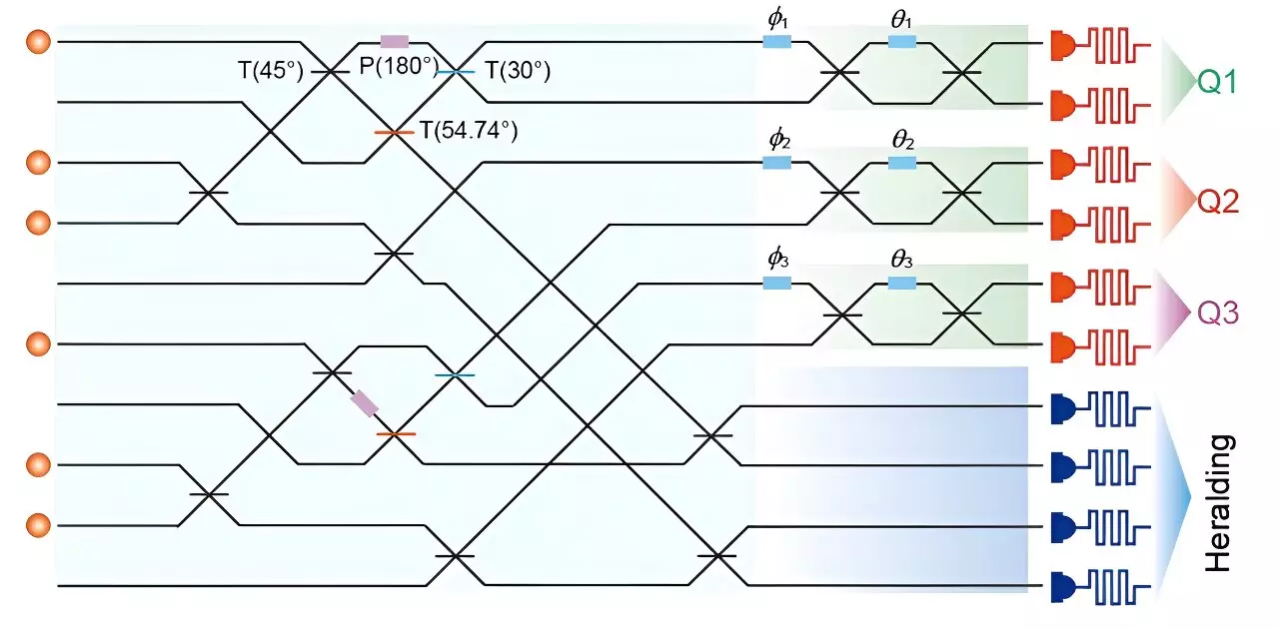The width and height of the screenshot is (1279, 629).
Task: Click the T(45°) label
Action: [x=264, y=71]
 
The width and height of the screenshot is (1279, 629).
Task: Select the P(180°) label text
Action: [x=399, y=71]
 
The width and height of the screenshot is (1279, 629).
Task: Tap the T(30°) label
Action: [x=519, y=71]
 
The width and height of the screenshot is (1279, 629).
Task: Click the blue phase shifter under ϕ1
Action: [x=777, y=41]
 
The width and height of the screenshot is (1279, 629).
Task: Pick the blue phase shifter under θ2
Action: [x=902, y=162]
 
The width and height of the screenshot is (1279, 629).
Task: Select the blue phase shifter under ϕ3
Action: [x=777, y=283]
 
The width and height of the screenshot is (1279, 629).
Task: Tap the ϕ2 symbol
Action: [x=778, y=139]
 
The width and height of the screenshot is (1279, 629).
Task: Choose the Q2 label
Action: [x=1219, y=203]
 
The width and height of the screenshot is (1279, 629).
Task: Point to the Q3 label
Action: [x=1219, y=314]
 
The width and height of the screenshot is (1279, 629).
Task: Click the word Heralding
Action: [x=1217, y=502]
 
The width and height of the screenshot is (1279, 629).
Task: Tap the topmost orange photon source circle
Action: [x=38, y=42]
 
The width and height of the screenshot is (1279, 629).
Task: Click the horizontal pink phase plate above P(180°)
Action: [x=395, y=42]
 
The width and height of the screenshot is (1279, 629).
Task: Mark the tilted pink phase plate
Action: [x=365, y=403]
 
